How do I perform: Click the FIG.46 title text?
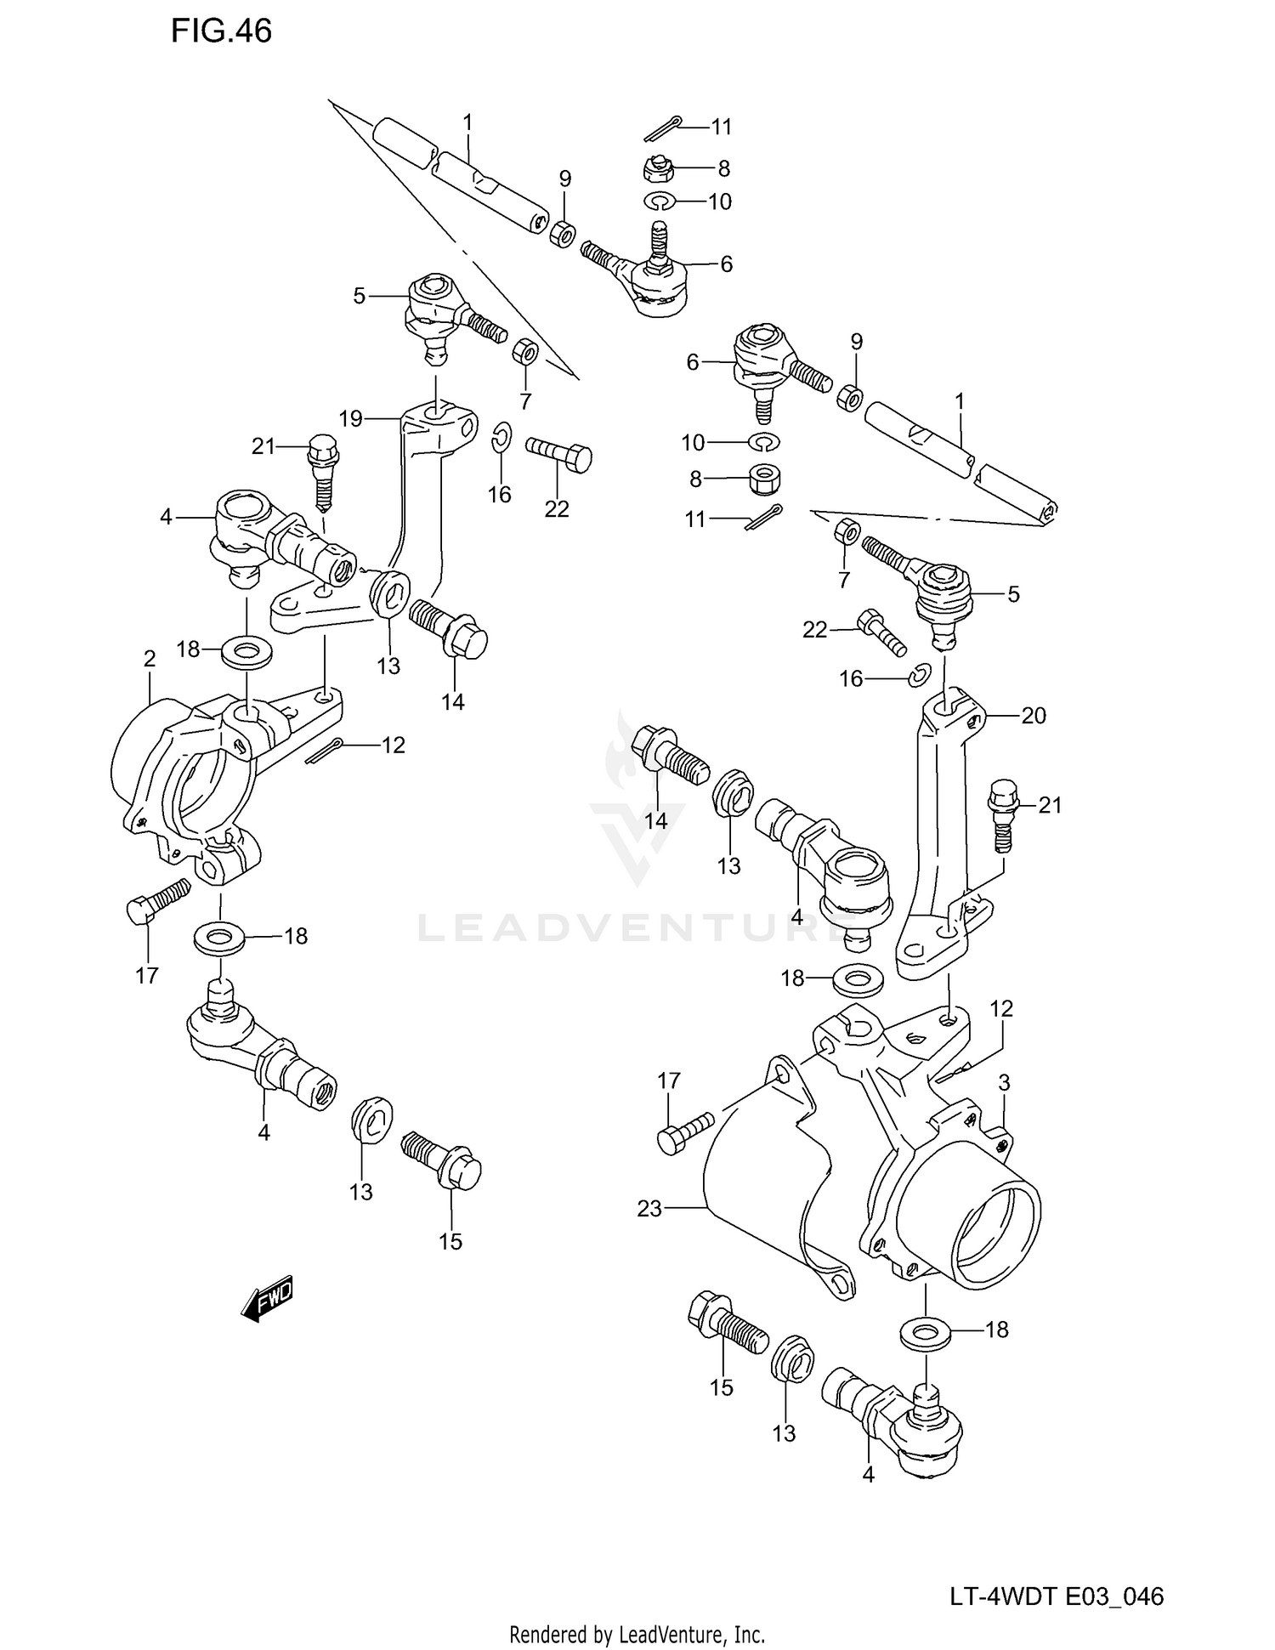[221, 31]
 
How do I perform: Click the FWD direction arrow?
[268, 1299]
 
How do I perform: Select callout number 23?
[649, 1208]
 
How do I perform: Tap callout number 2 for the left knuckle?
[150, 659]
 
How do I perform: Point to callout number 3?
[1004, 1083]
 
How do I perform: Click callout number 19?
[350, 418]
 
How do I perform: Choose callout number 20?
[1034, 716]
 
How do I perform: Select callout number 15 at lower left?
[450, 1241]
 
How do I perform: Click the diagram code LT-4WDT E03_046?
[1057, 1596]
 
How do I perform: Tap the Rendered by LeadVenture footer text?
[637, 1634]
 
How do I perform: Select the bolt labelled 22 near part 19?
[558, 454]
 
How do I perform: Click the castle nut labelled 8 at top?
[658, 170]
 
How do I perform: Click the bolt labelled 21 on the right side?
[1001, 814]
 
